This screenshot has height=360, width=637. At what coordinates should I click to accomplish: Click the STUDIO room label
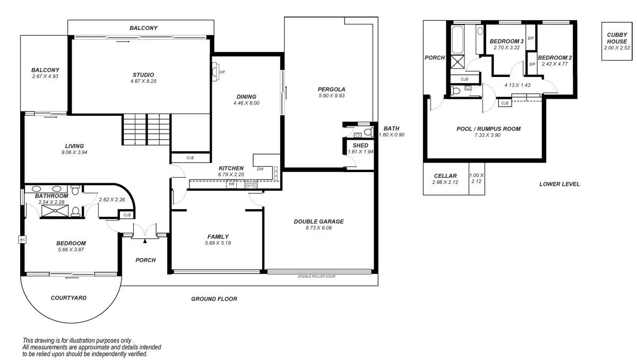tap(143, 74)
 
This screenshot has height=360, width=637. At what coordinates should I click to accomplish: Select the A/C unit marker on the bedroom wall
tap(22, 239)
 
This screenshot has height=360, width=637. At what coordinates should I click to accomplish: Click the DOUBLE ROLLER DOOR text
tap(316, 276)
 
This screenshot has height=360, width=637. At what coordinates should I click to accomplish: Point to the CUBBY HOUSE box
tap(617, 41)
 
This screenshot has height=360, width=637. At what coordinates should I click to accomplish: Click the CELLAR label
tap(445, 176)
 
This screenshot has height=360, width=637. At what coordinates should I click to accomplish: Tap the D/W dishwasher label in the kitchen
tap(260, 169)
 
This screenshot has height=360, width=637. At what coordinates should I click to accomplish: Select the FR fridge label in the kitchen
tap(231, 184)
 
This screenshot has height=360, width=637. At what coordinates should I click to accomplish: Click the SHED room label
tap(360, 145)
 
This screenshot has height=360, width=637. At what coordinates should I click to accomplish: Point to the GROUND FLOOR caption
tap(214, 299)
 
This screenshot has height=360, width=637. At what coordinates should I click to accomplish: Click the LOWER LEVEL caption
tap(559, 184)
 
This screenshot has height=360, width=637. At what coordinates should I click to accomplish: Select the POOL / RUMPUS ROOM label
tap(488, 128)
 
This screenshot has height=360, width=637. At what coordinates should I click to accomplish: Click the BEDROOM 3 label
tap(506, 41)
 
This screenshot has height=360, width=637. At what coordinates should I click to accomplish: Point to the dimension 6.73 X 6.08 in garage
tap(318, 228)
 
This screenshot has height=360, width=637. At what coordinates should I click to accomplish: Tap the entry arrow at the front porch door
tap(145, 241)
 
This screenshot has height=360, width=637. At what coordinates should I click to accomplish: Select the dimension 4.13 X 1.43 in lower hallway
tap(518, 84)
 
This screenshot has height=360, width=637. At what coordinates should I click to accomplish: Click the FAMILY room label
tap(218, 237)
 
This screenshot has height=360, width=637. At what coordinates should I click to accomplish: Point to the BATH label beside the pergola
tap(391, 128)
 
